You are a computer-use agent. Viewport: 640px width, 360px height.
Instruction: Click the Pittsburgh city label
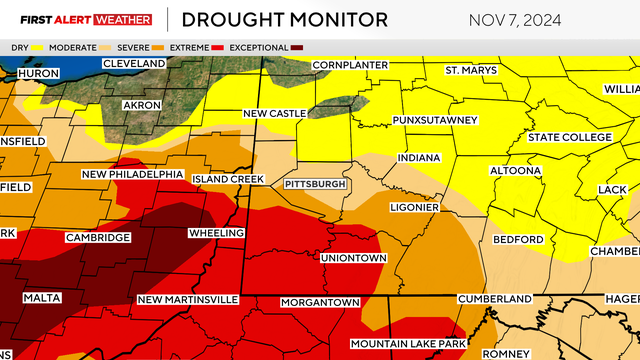tap(315, 185)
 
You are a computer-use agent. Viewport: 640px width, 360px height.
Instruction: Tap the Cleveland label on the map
tap(135, 65)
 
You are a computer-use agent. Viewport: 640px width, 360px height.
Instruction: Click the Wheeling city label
tap(216, 234)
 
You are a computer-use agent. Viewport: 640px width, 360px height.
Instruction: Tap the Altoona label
tap(516, 171)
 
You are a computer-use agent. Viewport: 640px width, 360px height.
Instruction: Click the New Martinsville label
tap(187, 300)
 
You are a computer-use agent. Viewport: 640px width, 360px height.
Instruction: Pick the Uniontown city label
tap(353, 258)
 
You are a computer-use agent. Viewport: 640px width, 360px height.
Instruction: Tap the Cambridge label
tap(98, 238)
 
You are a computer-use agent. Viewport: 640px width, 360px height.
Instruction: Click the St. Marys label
tap(468, 70)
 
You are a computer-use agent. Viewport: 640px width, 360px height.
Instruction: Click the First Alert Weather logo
tap(79, 19)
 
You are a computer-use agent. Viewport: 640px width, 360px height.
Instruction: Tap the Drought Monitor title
tap(284, 19)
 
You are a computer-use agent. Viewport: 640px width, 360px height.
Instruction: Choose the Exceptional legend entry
tap(255, 47)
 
